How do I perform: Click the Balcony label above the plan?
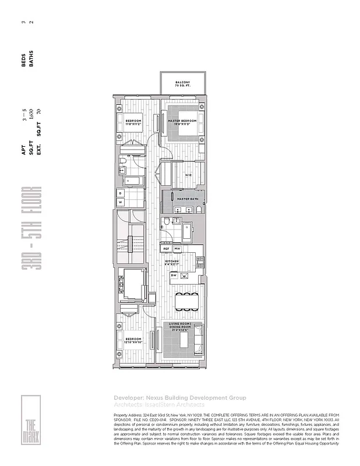click(x=182, y=84)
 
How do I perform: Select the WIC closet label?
click(x=188, y=175)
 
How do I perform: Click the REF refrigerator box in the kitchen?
click(x=166, y=249)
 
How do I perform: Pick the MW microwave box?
click(x=177, y=249)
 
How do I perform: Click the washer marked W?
click(x=120, y=202)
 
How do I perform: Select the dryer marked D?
click(x=120, y=192)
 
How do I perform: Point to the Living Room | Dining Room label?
click(x=180, y=326)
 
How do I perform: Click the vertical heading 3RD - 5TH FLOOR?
click(x=31, y=236)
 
